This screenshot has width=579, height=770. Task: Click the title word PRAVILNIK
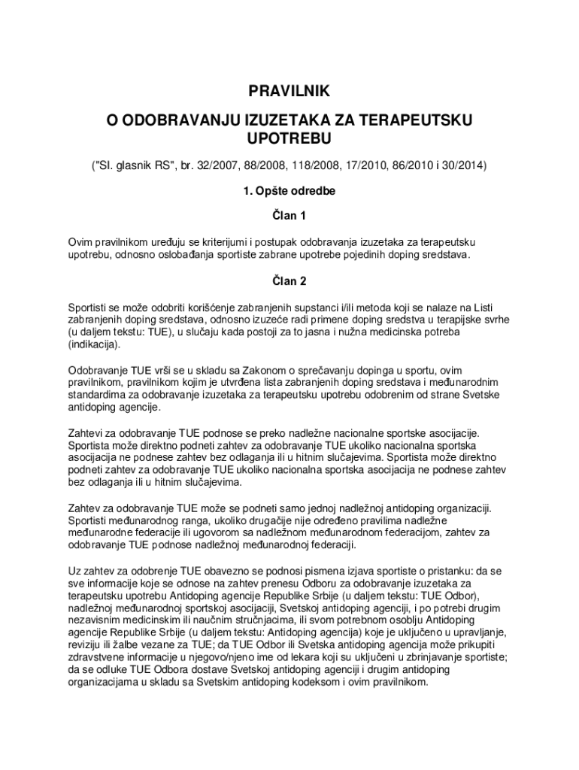(289, 92)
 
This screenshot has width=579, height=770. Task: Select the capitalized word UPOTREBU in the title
(289, 138)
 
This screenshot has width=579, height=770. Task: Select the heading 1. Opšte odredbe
(289, 191)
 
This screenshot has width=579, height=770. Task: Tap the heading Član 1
(289, 217)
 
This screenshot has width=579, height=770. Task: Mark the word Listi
(498, 307)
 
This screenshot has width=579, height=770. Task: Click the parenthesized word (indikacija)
(94, 344)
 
